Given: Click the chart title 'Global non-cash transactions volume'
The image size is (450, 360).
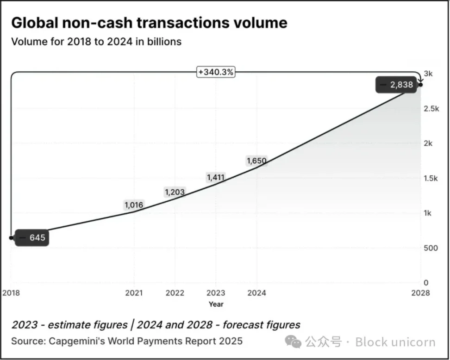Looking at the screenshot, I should [149, 23].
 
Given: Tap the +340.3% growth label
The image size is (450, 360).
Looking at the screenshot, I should [215, 72].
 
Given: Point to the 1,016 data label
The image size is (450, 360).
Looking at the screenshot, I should [134, 205].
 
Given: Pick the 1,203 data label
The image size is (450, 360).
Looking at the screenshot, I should [174, 192].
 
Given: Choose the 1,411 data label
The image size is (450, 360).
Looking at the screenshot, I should [216, 177].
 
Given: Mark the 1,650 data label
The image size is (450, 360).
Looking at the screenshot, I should [256, 161].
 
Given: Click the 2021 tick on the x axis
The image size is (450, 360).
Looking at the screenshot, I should [134, 293].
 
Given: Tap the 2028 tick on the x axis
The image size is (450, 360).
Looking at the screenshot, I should [420, 293].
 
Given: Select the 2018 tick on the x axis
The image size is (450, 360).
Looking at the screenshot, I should [11, 293].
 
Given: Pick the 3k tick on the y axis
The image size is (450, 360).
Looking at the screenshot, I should [428, 74].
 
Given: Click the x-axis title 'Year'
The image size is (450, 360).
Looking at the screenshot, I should [216, 304].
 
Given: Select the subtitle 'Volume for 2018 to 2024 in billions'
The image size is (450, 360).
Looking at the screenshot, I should [96, 42].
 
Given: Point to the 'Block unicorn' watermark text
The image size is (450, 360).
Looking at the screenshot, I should [395, 342].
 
